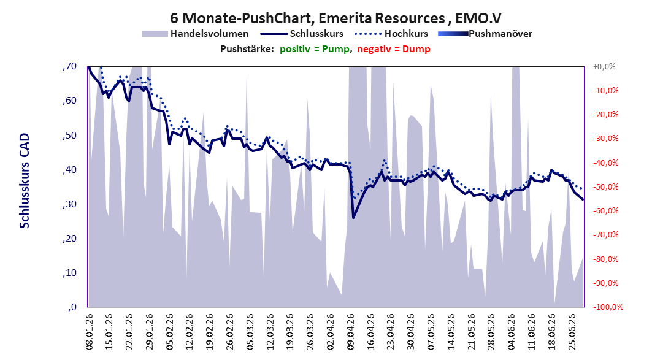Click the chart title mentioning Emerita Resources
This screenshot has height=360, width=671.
336,18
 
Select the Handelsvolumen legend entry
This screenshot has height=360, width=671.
196,33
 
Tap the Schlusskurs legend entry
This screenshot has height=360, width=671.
302,33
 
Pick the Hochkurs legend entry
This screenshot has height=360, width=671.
391,33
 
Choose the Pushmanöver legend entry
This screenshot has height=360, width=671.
485,33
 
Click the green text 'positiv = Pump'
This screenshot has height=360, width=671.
315,49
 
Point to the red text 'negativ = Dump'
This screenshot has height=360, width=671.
394,49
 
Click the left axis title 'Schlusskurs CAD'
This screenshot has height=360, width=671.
25,181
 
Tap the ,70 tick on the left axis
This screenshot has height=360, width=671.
69,66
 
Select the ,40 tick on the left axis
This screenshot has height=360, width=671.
69,170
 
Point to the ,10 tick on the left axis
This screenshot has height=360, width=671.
69,273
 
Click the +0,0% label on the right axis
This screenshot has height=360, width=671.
604,66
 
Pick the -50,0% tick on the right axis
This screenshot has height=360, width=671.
605,186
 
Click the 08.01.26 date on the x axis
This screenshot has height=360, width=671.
90,332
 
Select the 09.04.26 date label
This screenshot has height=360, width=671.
351,332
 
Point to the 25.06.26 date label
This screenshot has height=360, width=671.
572,332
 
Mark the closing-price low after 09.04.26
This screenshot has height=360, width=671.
353,218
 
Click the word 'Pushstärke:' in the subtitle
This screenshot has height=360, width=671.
247,49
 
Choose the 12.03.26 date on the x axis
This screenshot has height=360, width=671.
270,332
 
